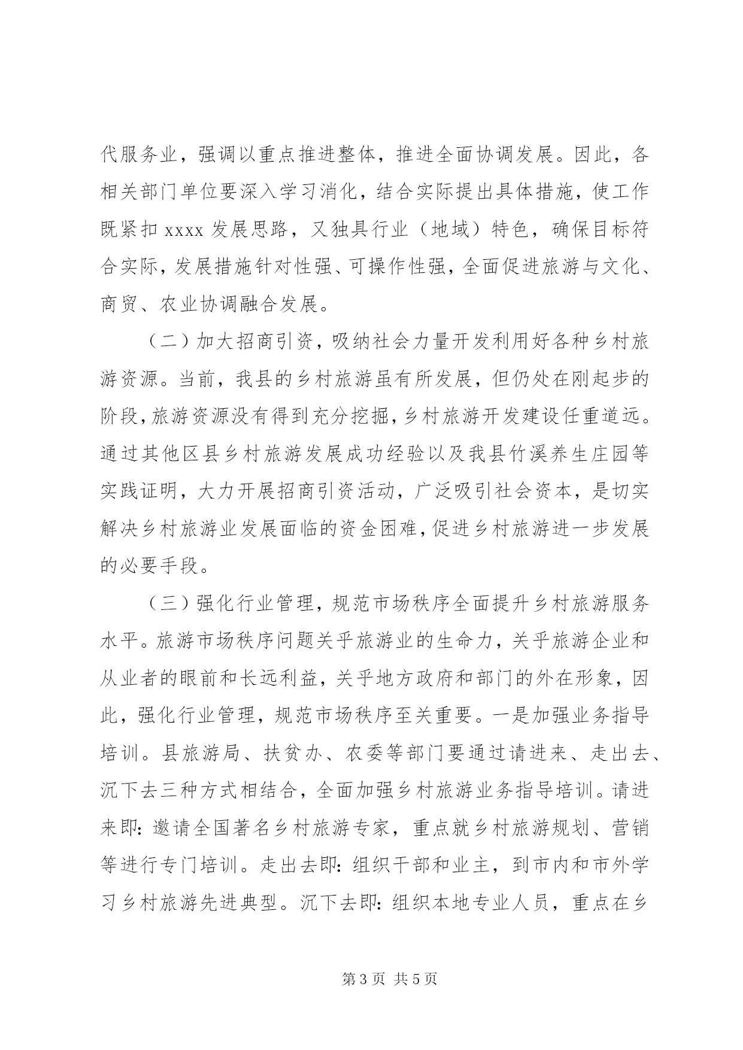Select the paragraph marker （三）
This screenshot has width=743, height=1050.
(x=168, y=605)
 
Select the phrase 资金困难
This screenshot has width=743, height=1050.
(x=389, y=530)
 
